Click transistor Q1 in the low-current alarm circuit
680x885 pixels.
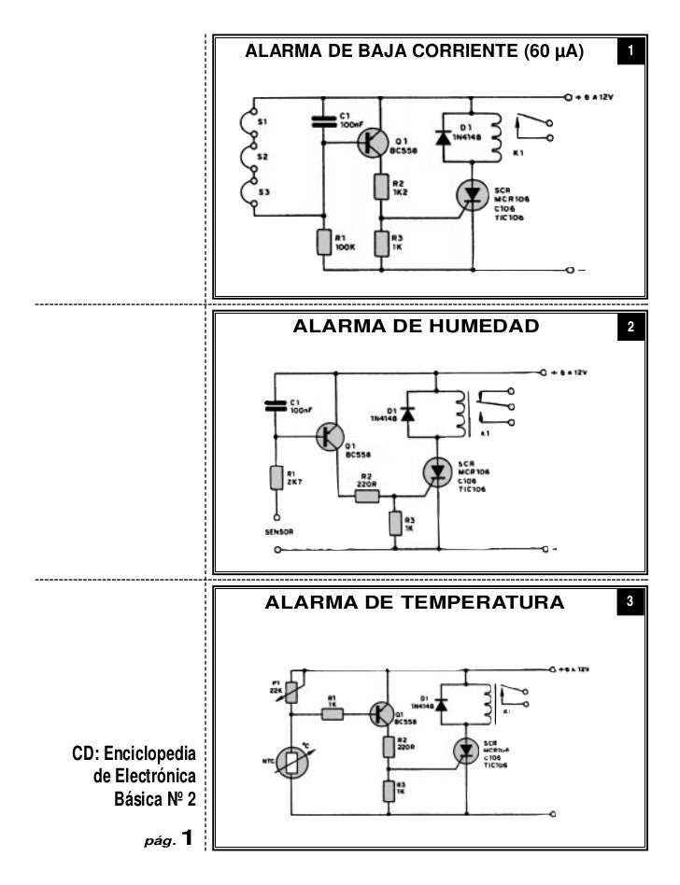click(x=373, y=142)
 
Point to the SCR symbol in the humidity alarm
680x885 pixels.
click(x=435, y=471)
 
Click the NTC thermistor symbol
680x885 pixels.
click(x=292, y=763)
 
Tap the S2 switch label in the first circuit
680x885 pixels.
click(x=262, y=158)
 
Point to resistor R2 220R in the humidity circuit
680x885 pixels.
click(x=367, y=496)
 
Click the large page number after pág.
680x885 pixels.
click(x=187, y=837)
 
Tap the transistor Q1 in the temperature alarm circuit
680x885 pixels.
click(x=380, y=714)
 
